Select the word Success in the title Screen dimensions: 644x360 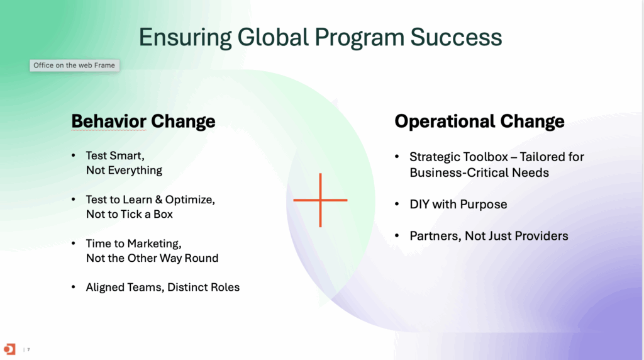(x=456, y=37)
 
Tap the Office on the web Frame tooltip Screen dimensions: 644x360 (x=74, y=65)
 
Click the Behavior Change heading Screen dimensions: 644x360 (x=143, y=121)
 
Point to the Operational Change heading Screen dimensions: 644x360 (x=479, y=121)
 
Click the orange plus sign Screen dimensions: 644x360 (x=320, y=200)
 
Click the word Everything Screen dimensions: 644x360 (x=135, y=170)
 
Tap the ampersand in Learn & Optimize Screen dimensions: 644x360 (x=159, y=200)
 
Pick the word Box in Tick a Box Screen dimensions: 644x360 (x=163, y=214)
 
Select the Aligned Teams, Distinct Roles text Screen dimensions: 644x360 (x=163, y=287)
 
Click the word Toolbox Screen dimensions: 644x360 (x=485, y=157)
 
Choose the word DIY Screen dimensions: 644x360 (x=419, y=205)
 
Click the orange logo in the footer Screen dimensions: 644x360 (x=9, y=349)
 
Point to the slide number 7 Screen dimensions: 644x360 (x=28, y=350)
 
